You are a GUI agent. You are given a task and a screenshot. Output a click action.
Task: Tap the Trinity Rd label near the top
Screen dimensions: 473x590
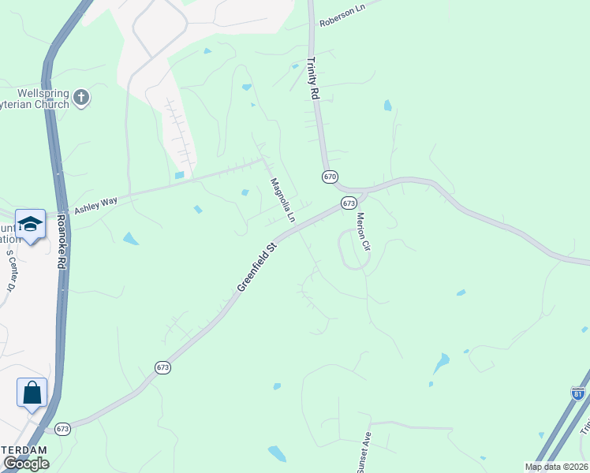coord(313,77)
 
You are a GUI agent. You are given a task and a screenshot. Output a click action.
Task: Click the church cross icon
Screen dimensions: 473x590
coord(80,99)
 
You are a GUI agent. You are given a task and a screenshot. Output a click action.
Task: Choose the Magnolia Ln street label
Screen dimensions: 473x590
coord(282,199)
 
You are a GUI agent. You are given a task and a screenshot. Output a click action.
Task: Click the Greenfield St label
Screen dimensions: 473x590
coord(259,268)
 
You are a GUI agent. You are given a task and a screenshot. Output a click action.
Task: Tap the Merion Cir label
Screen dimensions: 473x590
coord(363,231)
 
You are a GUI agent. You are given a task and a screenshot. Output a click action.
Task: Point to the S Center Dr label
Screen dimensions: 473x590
coord(11,273)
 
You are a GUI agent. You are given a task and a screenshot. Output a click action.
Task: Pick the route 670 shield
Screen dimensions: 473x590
coord(330,177)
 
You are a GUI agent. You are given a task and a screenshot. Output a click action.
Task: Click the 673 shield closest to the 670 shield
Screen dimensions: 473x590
coord(349,203)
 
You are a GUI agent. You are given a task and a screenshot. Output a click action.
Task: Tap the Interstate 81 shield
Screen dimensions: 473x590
coord(578,393)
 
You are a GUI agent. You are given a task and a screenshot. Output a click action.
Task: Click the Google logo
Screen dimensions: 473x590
coord(25,464)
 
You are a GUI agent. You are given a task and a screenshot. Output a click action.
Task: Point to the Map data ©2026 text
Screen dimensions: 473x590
coord(556,467)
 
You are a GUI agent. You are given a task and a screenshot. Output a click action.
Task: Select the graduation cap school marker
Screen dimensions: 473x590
coord(31,225)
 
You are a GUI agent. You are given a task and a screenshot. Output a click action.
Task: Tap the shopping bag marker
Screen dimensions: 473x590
coord(32,393)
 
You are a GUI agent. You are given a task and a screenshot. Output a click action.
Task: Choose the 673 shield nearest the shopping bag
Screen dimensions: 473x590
coord(63,429)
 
